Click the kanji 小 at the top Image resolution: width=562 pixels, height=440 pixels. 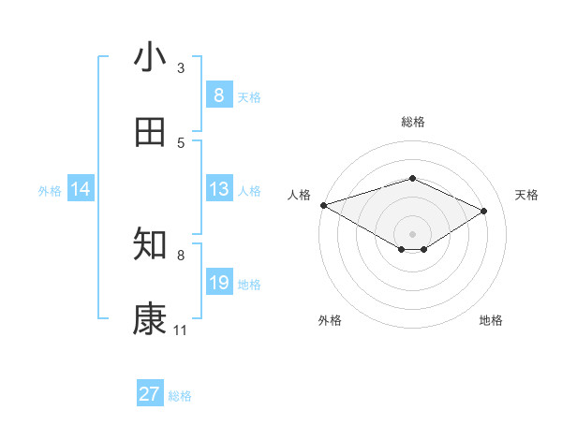pyautogui.click(x=150, y=58)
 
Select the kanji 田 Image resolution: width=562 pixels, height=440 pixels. pyautogui.click(x=150, y=133)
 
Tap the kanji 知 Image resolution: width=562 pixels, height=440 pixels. pyautogui.click(x=150, y=244)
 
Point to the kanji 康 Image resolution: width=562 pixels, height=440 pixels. pyautogui.click(x=150, y=319)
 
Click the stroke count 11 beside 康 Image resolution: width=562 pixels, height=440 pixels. pyautogui.click(x=180, y=330)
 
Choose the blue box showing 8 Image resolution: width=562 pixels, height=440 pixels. pyautogui.click(x=218, y=95)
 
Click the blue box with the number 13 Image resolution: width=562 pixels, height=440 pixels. pyautogui.click(x=218, y=189)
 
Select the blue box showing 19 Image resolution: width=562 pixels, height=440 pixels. pyautogui.click(x=218, y=283)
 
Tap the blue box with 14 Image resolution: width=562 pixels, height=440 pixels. pyautogui.click(x=81, y=189)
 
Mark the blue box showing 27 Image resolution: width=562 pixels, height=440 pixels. pyautogui.click(x=149, y=394)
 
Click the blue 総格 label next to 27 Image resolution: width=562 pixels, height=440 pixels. pyautogui.click(x=180, y=396)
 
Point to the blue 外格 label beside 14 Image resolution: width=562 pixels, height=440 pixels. pyautogui.click(x=50, y=191)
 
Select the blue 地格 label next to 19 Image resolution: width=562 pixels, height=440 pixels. pyautogui.click(x=249, y=285)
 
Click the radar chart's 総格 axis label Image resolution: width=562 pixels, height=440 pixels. pyautogui.click(x=413, y=122)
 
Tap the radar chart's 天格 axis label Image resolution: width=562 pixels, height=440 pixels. pyautogui.click(x=526, y=195)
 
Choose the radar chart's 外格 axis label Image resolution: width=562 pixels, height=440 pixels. pyautogui.click(x=330, y=320)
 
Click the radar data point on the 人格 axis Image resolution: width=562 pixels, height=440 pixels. pyautogui.click(x=323, y=204)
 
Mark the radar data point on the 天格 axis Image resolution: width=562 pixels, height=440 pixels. pyautogui.click(x=484, y=212)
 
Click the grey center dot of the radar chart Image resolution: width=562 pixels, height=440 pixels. pyautogui.click(x=413, y=233)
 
